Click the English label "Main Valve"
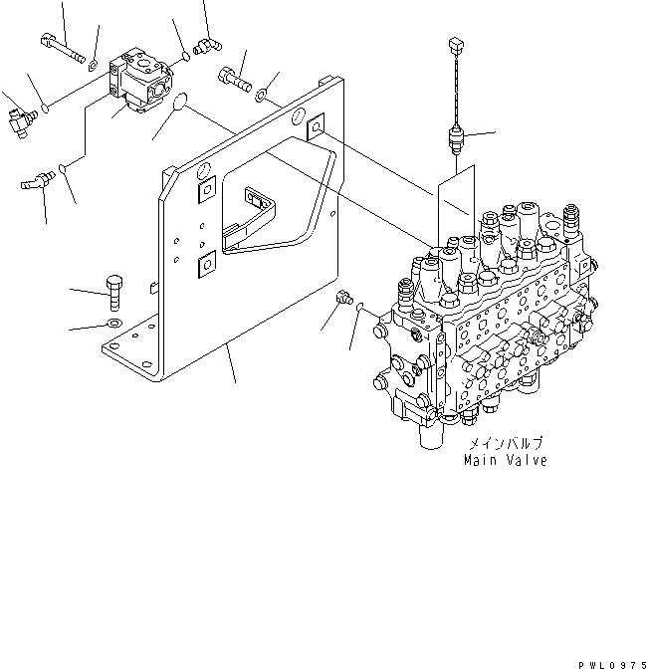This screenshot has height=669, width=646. [505, 461]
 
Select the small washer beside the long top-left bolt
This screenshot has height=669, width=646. [92, 65]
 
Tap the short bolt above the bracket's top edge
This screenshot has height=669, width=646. [231, 76]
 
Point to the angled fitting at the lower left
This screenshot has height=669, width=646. [38, 182]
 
